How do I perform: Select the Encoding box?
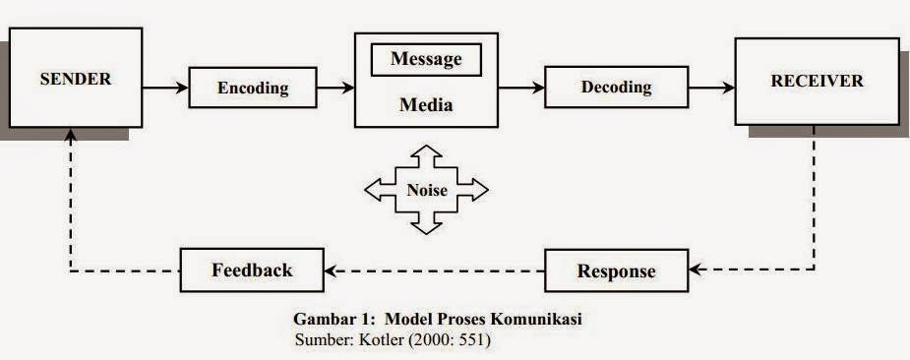point(253,88)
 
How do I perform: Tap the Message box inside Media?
point(425,59)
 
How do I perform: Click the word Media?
point(425,105)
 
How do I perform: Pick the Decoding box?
point(616,87)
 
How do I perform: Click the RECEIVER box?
point(818,81)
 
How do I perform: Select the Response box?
point(616,270)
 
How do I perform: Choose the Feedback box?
point(252,270)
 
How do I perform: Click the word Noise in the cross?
point(426,191)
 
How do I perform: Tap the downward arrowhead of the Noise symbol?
point(426,227)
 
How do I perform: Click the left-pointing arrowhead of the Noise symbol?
point(375,190)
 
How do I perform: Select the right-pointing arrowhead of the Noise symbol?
point(477,190)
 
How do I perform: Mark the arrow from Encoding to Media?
point(335,88)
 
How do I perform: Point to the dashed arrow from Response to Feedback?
point(434,270)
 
